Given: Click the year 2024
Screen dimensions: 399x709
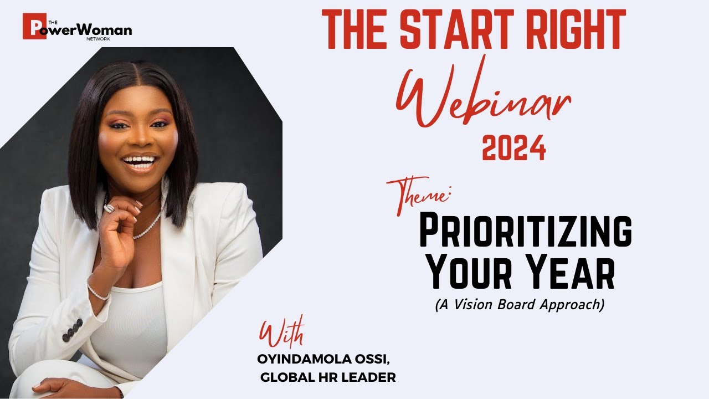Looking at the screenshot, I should coord(513,148).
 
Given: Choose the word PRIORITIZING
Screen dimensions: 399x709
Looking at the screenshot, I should coord(525,232).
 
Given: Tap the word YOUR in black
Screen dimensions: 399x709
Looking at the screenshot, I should coord(470,274).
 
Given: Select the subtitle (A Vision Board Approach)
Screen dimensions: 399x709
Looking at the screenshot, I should coord(518,305).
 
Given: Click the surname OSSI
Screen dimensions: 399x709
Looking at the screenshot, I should coord(373,359).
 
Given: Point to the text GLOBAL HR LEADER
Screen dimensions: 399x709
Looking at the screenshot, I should coord(328,378).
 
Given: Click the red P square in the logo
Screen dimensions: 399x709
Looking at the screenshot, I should coord(31,26).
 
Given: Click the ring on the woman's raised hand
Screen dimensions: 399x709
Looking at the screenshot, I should coord(109,208).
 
